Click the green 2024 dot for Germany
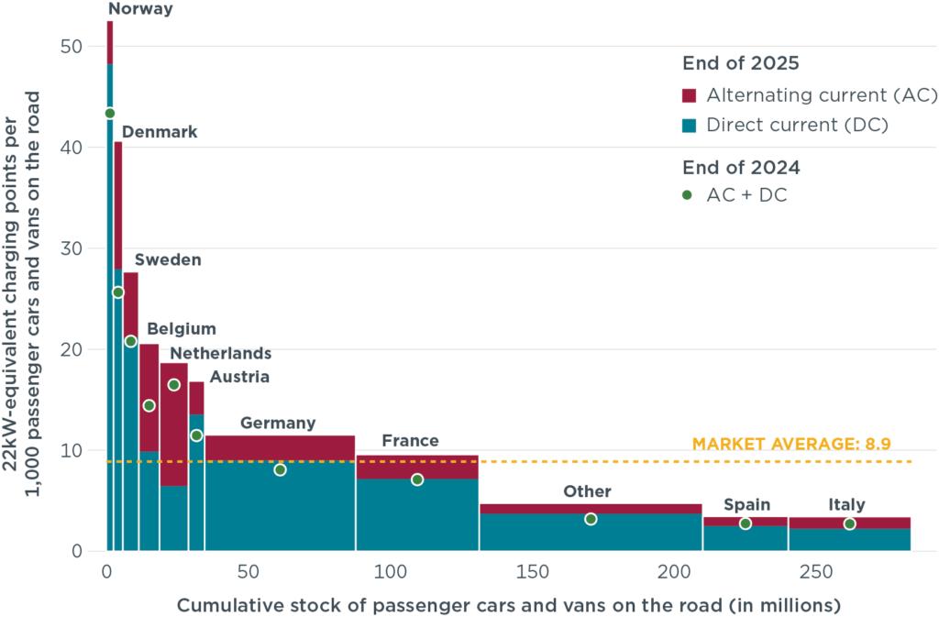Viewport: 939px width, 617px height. (280, 469)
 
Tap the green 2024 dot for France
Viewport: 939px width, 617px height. (417, 479)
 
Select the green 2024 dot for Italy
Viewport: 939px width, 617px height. (850, 523)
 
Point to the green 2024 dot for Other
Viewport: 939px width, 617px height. (591, 519)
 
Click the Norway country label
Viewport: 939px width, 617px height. (140, 9)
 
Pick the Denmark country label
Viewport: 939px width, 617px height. (160, 132)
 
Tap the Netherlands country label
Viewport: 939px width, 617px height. (221, 353)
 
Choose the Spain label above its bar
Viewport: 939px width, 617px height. (747, 504)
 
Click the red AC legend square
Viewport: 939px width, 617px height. (690, 94)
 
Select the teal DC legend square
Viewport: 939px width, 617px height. (690, 126)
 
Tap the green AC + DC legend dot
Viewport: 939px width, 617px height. (687, 194)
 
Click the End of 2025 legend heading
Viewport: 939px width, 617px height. (741, 63)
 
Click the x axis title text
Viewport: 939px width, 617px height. (509, 605)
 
